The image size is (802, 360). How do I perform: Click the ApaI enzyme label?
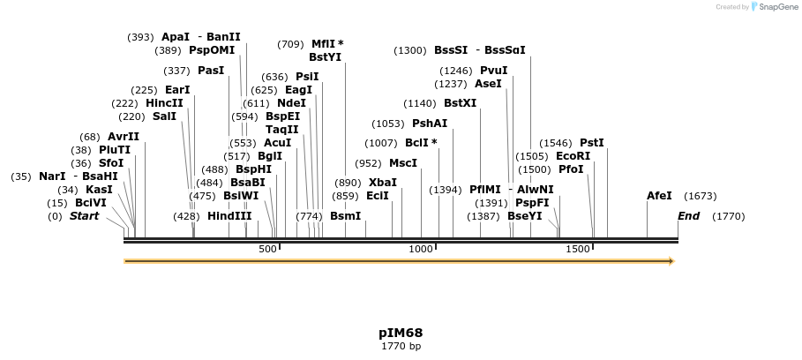(176, 37)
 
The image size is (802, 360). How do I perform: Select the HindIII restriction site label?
(229, 216)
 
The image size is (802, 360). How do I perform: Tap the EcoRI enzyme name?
(573, 156)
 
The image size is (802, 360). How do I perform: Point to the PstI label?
(591, 143)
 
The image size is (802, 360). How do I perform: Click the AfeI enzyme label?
(659, 196)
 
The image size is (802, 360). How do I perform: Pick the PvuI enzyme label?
(493, 71)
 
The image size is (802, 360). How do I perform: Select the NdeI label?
(291, 103)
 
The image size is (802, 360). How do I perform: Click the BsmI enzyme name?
(345, 216)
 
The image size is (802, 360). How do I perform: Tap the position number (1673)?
(700, 196)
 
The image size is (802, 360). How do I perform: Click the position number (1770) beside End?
(729, 216)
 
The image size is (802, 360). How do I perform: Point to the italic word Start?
(84, 216)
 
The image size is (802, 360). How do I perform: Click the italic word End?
(688, 216)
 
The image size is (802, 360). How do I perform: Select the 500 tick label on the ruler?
(267, 250)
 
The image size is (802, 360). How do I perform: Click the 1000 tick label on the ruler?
(421, 250)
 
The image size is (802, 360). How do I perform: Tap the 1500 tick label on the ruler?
(577, 250)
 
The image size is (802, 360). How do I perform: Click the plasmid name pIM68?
(401, 333)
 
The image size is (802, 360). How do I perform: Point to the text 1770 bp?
(401, 347)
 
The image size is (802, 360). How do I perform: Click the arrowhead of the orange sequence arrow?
(672, 261)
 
